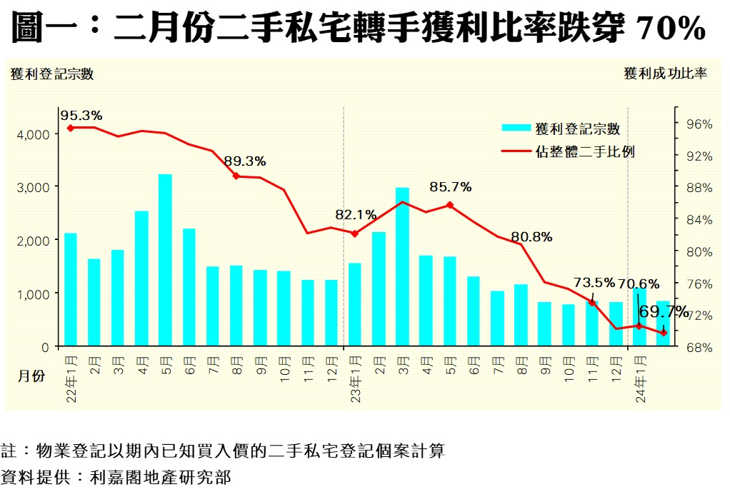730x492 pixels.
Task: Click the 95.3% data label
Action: coord(81,115)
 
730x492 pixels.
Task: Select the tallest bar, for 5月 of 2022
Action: coord(165,260)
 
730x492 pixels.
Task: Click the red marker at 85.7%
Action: coord(449,205)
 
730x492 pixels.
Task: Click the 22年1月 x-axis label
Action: coord(71,378)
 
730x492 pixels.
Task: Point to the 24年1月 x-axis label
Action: coord(640,378)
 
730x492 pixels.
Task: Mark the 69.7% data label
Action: coord(664,312)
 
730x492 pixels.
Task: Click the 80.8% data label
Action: coord(531,237)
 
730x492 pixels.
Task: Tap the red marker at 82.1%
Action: coord(355,234)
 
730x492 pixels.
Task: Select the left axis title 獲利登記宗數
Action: coord(52,74)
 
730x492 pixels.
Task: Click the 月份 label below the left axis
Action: coord(31,376)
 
